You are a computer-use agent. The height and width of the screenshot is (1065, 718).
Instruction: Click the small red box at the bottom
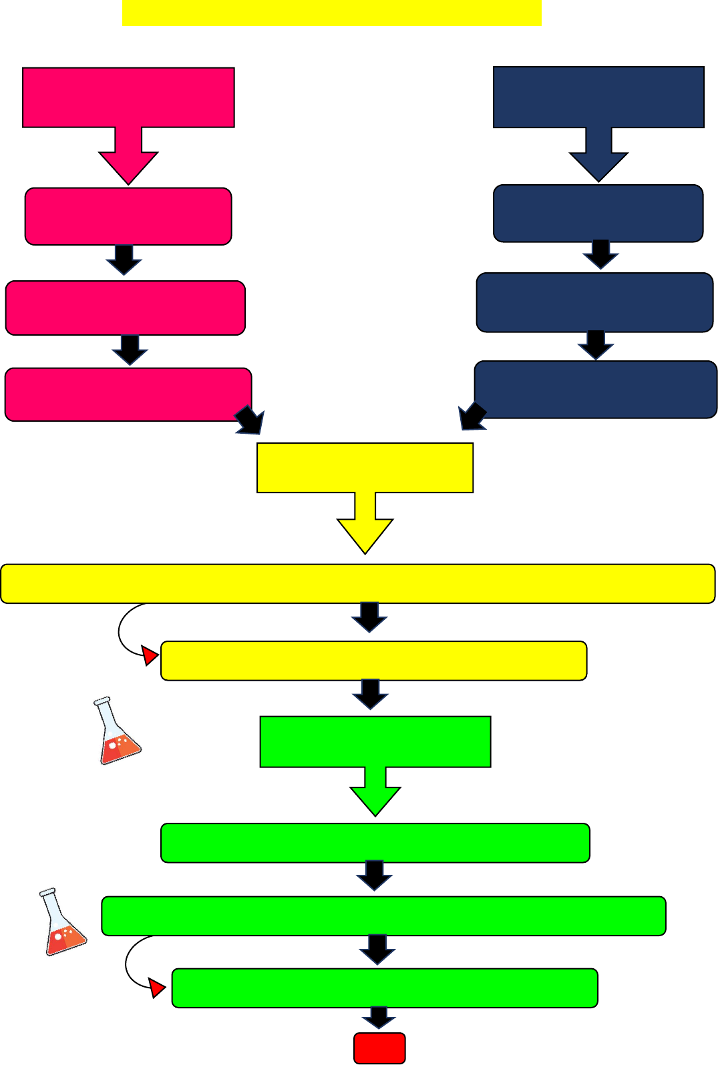point(379,1048)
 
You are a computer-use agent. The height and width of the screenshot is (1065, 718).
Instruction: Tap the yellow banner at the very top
point(332,13)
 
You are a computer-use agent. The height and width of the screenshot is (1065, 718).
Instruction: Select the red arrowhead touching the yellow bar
point(150,655)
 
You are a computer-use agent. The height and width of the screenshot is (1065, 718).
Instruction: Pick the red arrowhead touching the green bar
point(157,988)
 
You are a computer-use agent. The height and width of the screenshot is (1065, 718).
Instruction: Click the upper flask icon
point(118,732)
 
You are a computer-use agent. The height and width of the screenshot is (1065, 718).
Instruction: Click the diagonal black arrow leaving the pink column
point(250,421)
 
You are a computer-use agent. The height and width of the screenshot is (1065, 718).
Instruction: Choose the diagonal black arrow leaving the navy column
point(472,417)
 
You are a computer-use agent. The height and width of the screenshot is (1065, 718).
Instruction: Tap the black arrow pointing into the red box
point(379,1018)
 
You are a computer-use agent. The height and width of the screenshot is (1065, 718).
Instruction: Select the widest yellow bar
point(358,584)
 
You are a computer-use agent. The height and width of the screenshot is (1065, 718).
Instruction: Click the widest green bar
point(383,916)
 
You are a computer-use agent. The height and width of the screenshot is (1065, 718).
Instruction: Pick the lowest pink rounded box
point(128,394)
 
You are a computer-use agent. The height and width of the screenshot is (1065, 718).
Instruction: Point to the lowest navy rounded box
point(596,390)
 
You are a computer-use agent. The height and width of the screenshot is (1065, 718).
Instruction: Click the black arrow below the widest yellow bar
point(369,617)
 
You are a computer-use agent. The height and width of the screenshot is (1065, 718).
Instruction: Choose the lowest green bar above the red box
point(385,988)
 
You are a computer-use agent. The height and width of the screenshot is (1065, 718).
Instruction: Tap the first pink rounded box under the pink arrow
point(128,216)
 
